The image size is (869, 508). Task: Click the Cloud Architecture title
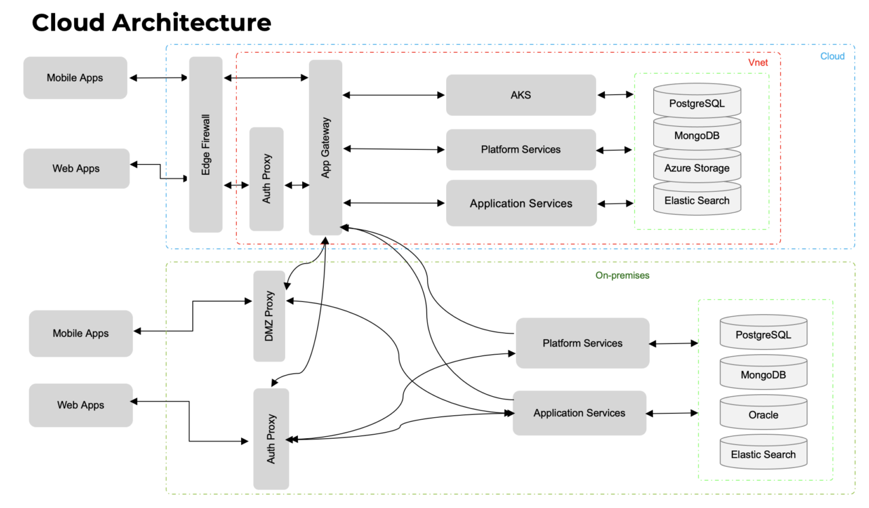coord(151,22)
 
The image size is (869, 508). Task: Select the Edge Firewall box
coord(206,144)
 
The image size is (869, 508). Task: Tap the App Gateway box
coord(325,147)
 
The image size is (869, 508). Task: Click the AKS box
coord(521,95)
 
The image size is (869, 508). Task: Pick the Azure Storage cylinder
coord(697,168)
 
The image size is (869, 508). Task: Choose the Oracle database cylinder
coord(763,415)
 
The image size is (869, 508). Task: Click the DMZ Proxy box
coord(269,316)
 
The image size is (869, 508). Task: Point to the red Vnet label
coord(758,62)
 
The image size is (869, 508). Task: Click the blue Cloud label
coord(832,56)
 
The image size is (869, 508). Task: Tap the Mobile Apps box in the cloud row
coord(75,78)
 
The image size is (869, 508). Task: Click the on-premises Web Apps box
coord(81,406)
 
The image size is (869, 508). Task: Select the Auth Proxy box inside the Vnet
coord(266,179)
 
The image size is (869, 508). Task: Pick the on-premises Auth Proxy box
coord(271,439)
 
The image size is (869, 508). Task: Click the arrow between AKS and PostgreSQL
coord(614,95)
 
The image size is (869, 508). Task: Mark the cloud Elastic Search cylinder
coord(697,201)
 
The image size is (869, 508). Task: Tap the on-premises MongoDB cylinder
coord(763,375)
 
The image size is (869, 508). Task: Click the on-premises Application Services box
coord(579,413)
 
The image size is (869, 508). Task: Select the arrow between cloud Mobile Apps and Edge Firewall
coord(158,78)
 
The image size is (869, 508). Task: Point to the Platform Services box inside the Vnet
coord(521,149)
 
